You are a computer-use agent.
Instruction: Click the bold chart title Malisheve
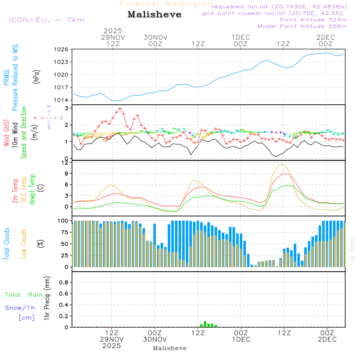[154, 15]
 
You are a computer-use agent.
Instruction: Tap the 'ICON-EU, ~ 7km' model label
[46, 20]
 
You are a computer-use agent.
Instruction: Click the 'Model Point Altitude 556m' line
[302, 26]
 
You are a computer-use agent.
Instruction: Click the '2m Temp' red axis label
[15, 191]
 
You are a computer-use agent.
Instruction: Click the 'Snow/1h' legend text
[20, 308]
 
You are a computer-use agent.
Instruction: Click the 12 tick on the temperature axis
[65, 162]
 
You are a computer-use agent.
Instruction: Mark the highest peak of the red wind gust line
[120, 108]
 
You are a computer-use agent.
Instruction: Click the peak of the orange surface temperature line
[283, 165]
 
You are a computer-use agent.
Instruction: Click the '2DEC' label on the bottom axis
[327, 339]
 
